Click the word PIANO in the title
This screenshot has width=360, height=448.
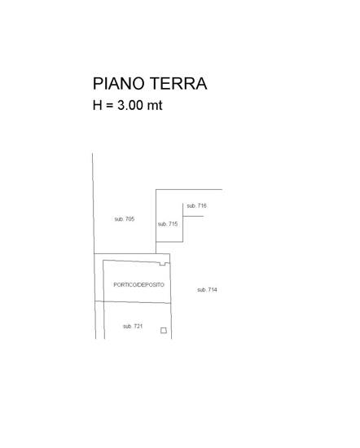(119, 83)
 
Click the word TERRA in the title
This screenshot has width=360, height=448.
(178, 83)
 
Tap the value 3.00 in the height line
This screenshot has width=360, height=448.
(130, 105)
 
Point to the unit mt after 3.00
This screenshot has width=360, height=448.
(155, 105)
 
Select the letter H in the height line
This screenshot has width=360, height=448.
(98, 105)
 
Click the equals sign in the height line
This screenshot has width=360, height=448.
(110, 105)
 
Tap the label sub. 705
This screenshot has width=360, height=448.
(125, 219)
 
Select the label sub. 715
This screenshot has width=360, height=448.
(168, 224)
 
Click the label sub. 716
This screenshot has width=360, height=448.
(196, 205)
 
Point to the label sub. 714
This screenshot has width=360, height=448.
(207, 290)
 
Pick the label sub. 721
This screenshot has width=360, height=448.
(133, 326)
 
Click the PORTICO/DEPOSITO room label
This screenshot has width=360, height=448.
(138, 284)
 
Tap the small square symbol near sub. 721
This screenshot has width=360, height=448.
(164, 330)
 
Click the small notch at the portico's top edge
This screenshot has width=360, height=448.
(163, 264)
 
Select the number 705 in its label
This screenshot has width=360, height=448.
(130, 219)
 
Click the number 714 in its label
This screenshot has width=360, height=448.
(213, 290)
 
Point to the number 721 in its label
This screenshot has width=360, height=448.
(138, 326)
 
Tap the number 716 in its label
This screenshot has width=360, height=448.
(202, 205)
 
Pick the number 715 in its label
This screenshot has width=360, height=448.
(173, 224)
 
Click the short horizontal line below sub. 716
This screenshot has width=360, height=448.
(193, 217)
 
